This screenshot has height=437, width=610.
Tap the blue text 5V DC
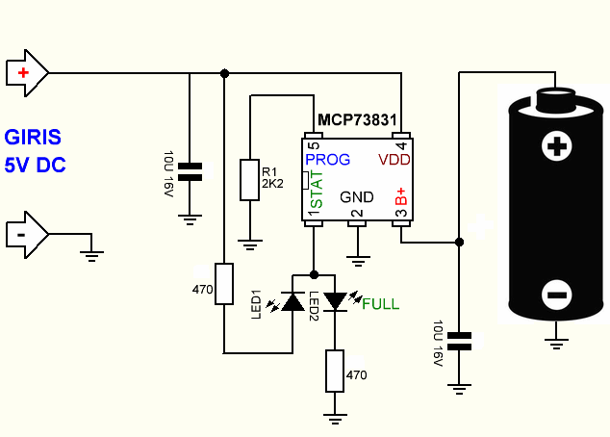[35, 165]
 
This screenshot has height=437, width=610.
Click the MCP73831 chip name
[358, 121]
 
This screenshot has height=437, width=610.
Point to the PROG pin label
[327, 159]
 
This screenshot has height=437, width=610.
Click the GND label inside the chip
[357, 196]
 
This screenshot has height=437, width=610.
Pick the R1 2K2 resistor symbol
[250, 179]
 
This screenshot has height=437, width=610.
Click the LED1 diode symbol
[292, 302]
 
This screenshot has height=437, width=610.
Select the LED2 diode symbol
[335, 302]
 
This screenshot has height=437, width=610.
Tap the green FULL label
[380, 304]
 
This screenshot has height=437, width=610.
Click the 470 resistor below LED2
[335, 372]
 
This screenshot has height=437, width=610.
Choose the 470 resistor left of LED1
[224, 283]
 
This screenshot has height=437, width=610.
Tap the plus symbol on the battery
[555, 146]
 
